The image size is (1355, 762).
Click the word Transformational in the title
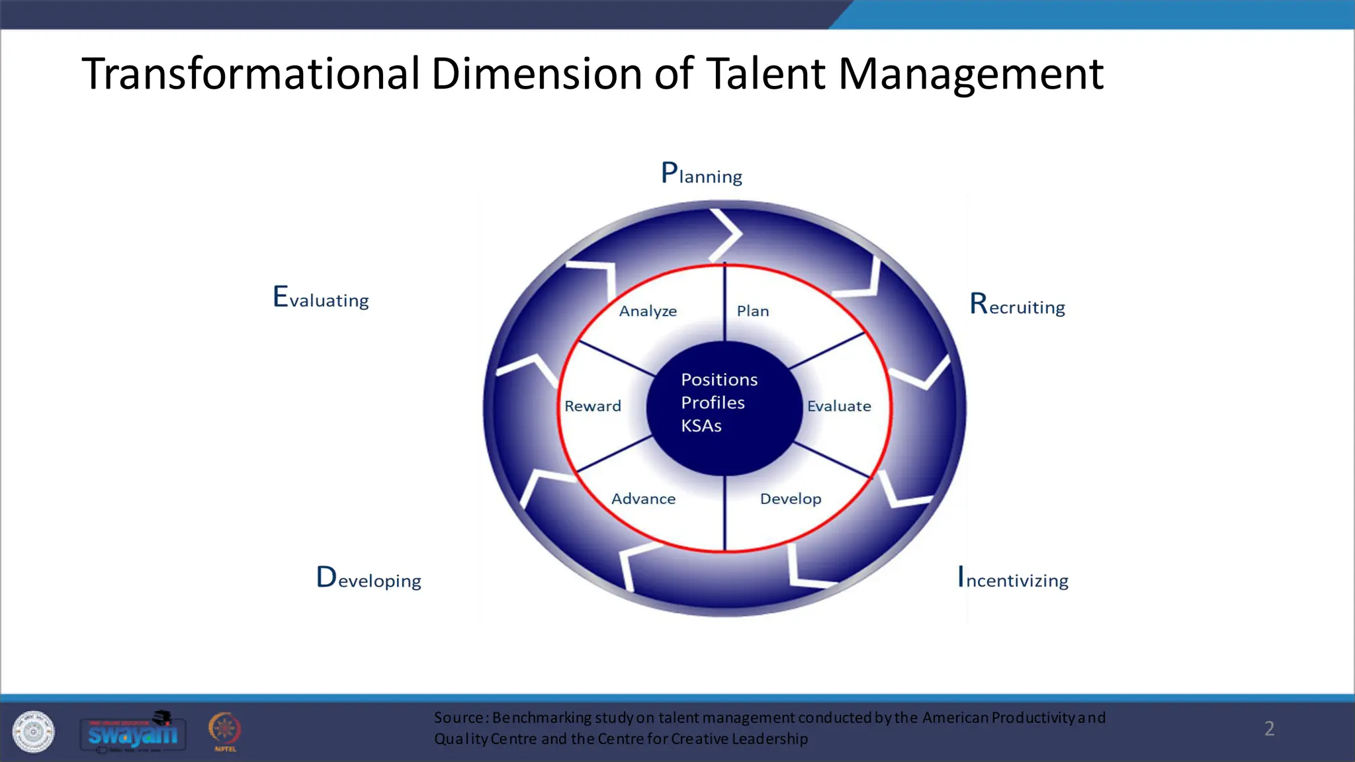click(x=250, y=73)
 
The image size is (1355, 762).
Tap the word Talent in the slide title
click(x=765, y=73)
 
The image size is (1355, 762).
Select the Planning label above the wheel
click(x=701, y=174)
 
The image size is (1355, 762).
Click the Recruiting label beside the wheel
click(x=1017, y=305)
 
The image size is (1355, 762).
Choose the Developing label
click(x=369, y=579)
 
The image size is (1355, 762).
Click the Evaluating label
click(x=321, y=298)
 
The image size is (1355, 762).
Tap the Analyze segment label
click(x=648, y=311)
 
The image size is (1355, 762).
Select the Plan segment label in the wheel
click(x=753, y=311)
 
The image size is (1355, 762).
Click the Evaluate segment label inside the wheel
click(x=839, y=406)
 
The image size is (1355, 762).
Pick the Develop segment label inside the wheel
click(x=791, y=499)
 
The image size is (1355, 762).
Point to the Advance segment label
click(x=643, y=499)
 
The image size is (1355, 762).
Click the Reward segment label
click(x=592, y=406)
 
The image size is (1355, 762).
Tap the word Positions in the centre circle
click(x=719, y=380)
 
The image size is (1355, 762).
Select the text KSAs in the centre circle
click(x=701, y=426)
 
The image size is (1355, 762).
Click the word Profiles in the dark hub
click(x=713, y=403)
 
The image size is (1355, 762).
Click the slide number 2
click(x=1269, y=728)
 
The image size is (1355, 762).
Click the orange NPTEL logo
click(x=225, y=731)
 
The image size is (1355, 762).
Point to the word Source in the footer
click(x=459, y=718)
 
